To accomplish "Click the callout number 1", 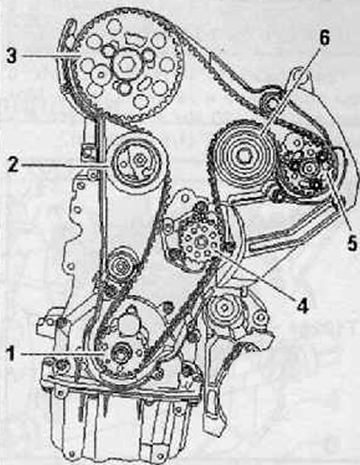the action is coord(11,354).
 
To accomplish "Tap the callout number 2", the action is coord(13,165).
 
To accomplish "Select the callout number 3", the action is coord(12,56).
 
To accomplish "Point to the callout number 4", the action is coord(303,305).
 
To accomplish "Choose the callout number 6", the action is coord(323,37).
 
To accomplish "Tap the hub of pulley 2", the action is coord(139,160).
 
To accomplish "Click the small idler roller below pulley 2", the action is coord(121,266).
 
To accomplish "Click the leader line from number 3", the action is coord(49,56).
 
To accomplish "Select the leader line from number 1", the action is coord(63,354).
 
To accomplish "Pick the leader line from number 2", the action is coord(66,165).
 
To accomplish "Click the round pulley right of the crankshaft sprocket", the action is coord(223,309).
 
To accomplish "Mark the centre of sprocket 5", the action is coord(307,168).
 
